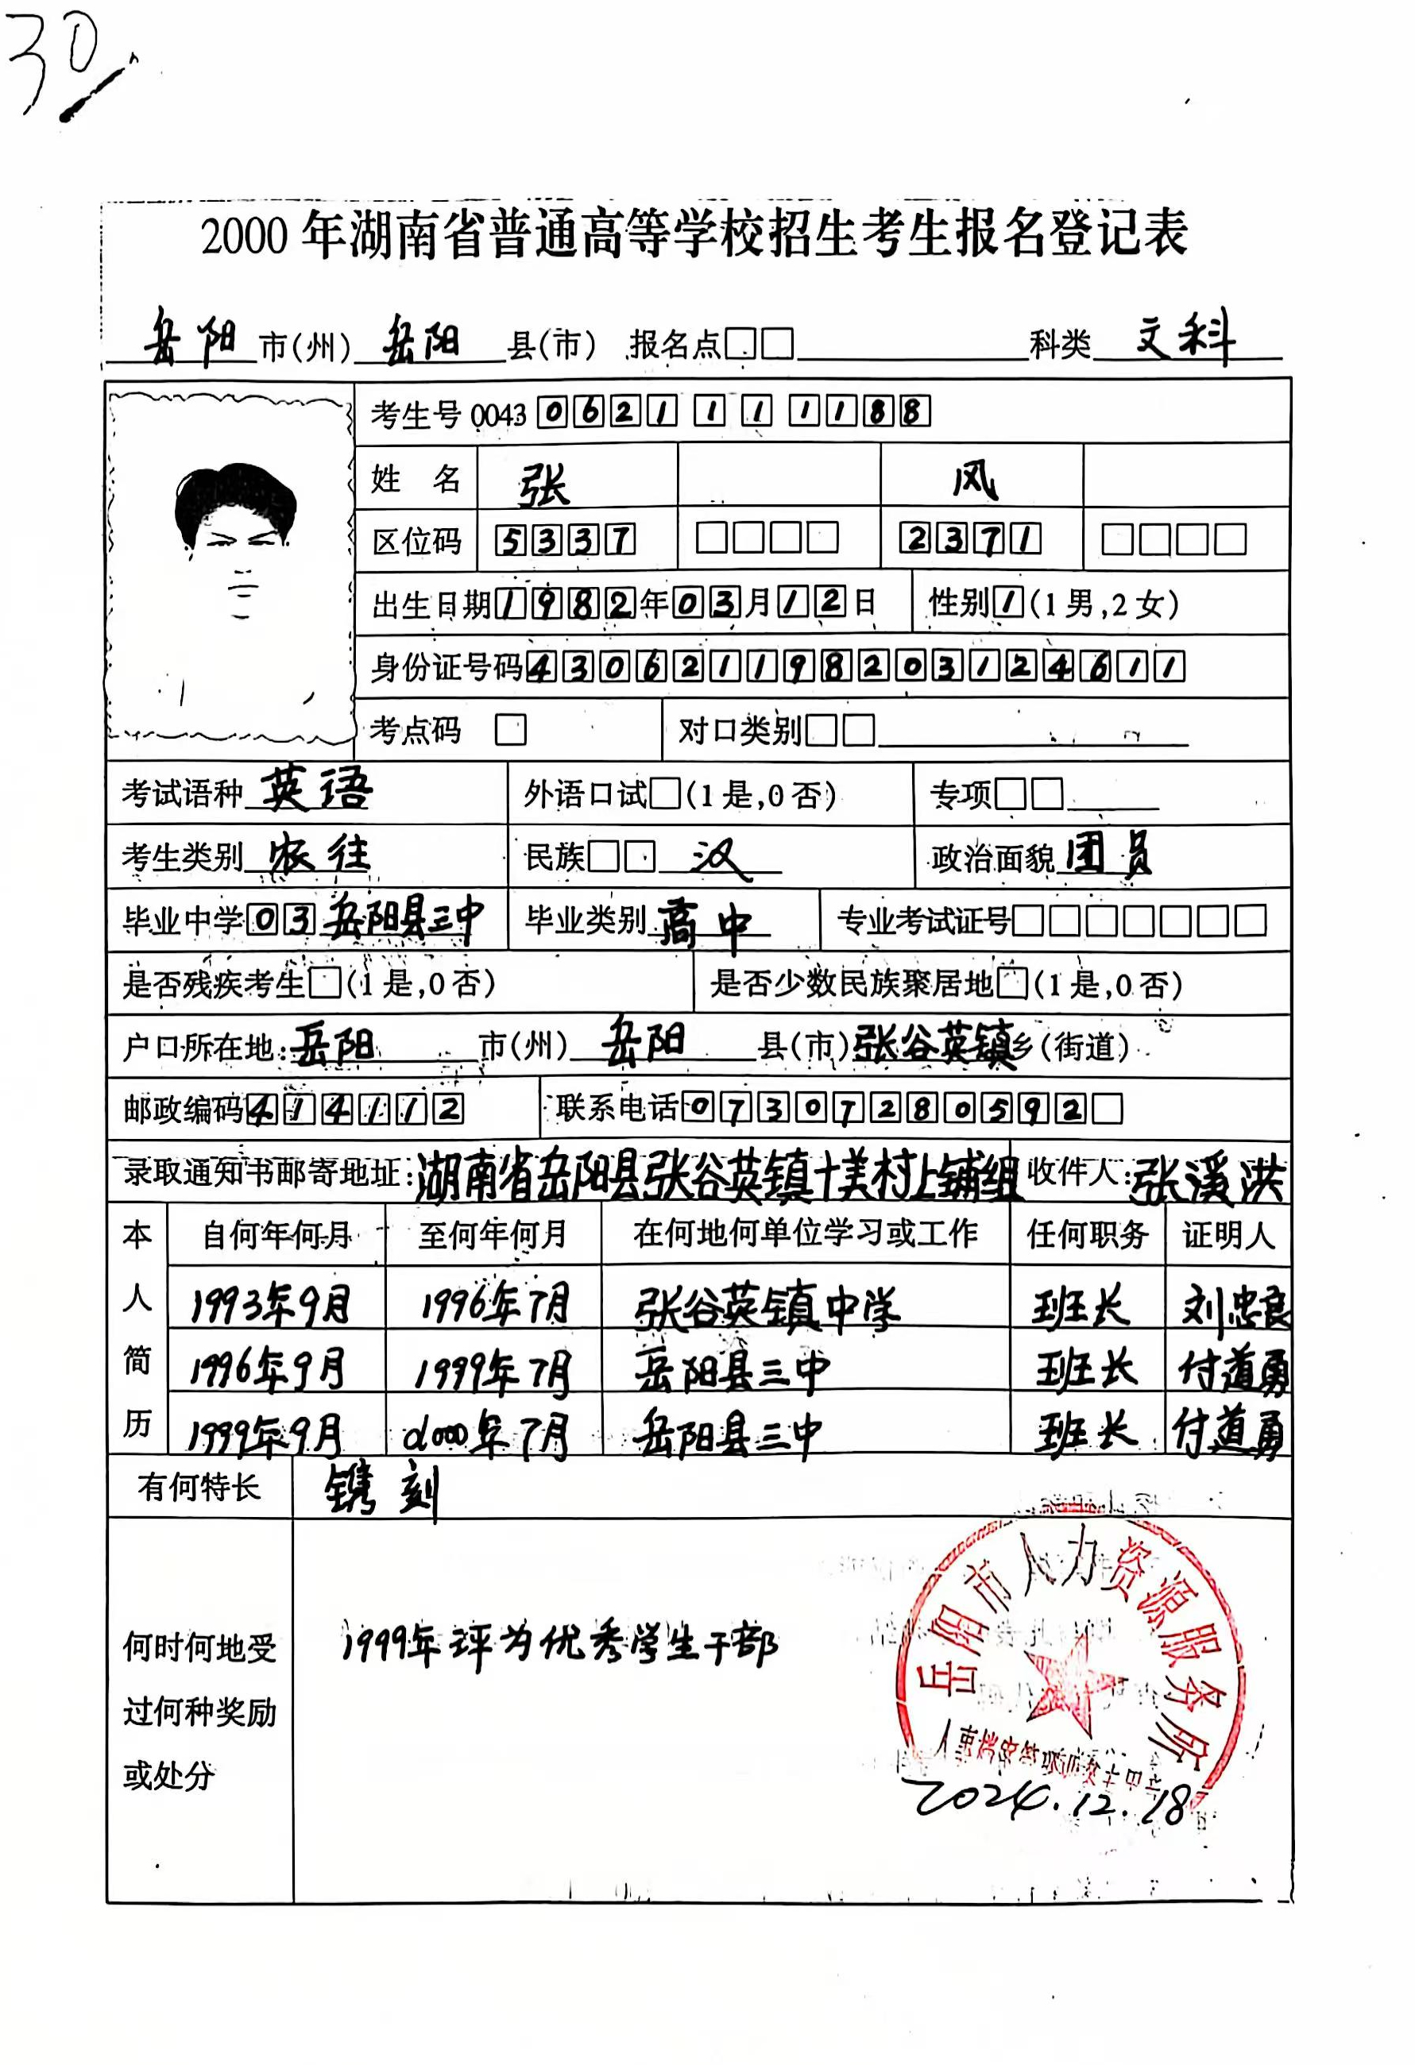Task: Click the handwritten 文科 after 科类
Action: (1185, 338)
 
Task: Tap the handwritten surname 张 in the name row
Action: (544, 484)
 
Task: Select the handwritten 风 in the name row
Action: (976, 481)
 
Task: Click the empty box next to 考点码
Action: (510, 731)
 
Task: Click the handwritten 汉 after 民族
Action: (718, 859)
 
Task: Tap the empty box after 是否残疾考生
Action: (325, 982)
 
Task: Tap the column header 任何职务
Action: (1087, 1234)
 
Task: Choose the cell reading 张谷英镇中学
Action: (766, 1307)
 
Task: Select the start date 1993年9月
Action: (271, 1304)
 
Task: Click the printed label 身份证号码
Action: (447, 667)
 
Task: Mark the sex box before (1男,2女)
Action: (1009, 604)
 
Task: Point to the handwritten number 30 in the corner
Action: (53, 62)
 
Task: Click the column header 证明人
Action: (1227, 1234)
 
